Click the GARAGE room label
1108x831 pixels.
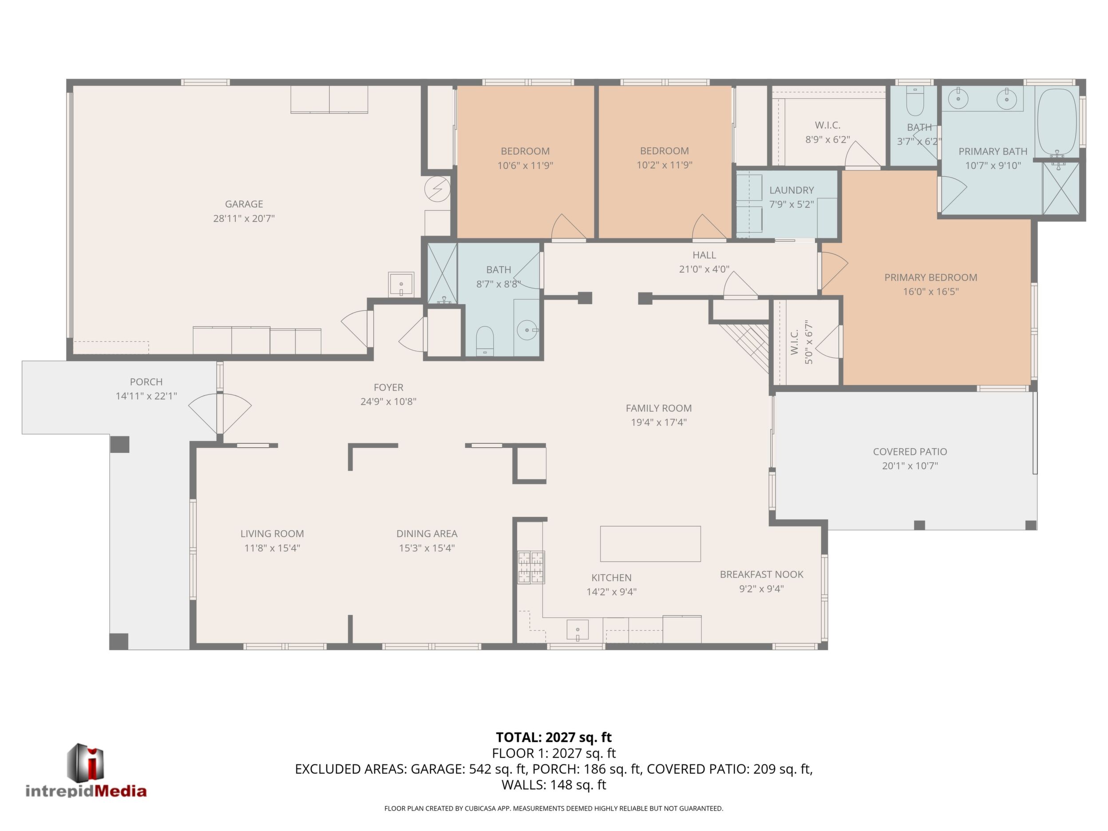click(244, 204)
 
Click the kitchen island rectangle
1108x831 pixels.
click(650, 544)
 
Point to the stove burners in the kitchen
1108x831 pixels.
click(531, 567)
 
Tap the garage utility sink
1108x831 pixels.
click(401, 285)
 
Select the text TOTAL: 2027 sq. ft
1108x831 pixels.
click(554, 737)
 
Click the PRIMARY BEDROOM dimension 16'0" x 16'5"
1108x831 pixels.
click(931, 292)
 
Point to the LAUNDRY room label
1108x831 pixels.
click(791, 190)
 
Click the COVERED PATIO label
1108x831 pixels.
click(910, 452)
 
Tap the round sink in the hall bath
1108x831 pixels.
click(526, 330)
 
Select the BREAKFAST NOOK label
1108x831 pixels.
click(761, 574)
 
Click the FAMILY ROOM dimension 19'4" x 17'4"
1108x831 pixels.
click(658, 422)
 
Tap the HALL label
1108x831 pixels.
click(704, 255)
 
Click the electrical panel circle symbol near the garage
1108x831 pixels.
click(437, 190)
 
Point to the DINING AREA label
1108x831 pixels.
click(427, 534)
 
